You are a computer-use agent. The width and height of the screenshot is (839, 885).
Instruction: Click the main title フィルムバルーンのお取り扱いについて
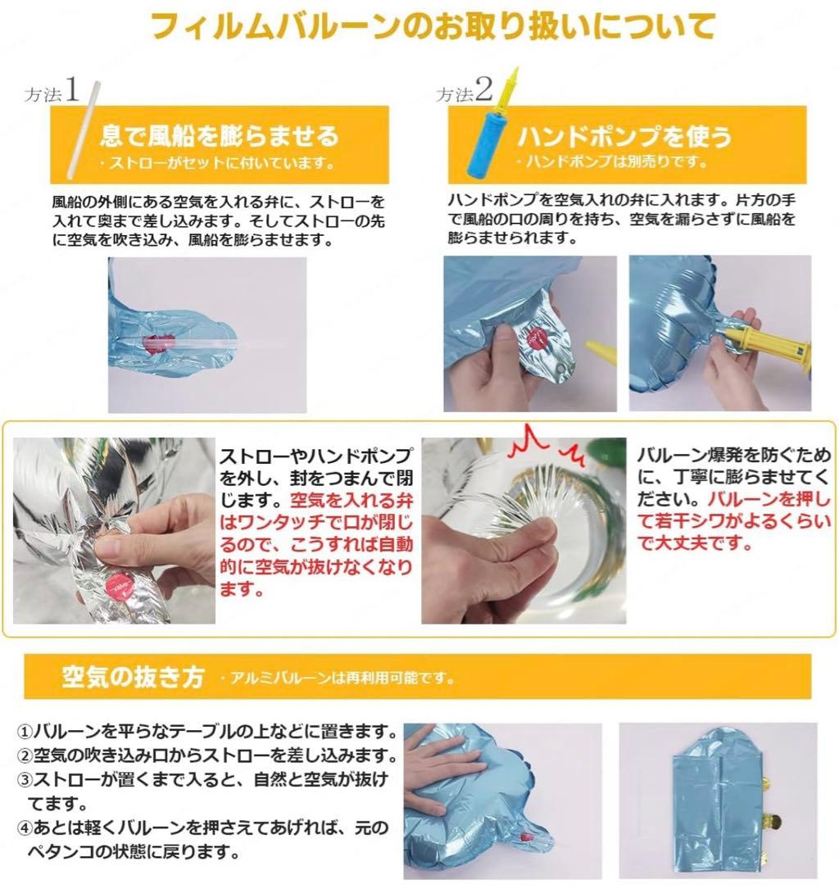433,27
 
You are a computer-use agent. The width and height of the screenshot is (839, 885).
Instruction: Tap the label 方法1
52,91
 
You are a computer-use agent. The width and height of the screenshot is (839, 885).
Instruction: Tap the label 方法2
464,91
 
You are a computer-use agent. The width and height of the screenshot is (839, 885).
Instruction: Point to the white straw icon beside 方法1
83,130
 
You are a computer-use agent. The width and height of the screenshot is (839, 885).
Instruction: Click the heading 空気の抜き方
134,676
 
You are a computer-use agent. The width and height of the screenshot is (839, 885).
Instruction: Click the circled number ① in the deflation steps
25,733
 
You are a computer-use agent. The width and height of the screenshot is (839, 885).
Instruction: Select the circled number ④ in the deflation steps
25,828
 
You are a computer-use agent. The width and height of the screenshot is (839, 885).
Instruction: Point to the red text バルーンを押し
769,499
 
